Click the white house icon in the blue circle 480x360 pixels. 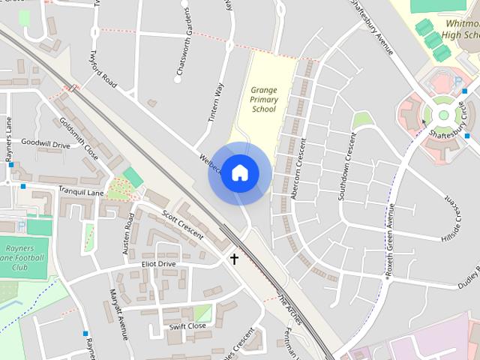239,172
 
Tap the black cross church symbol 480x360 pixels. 234,259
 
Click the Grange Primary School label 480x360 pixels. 263,99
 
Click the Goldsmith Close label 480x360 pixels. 78,137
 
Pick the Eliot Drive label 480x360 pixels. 157,264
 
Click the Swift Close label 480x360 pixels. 187,326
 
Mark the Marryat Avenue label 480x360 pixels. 118,310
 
